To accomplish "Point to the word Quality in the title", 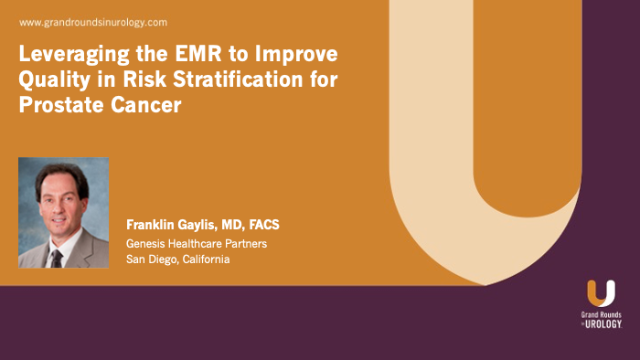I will click(x=51, y=79).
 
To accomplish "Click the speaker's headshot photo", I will click(x=63, y=213).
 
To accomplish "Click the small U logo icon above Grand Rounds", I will click(x=601, y=293).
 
